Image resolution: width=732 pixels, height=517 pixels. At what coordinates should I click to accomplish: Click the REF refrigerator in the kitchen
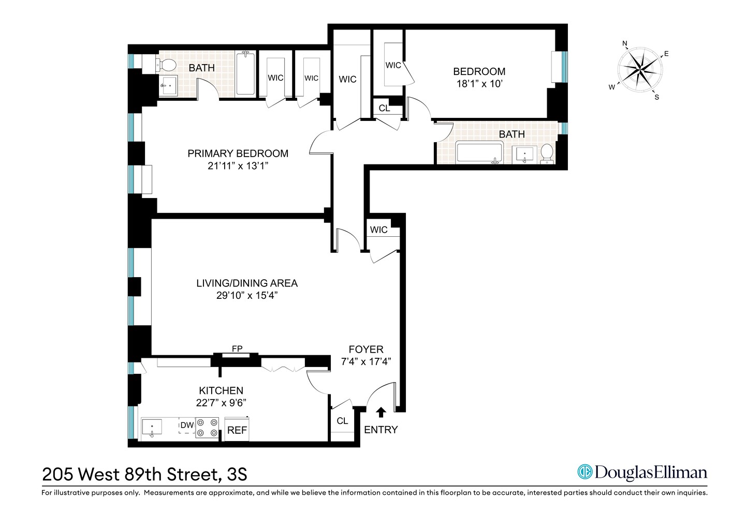(x=237, y=430)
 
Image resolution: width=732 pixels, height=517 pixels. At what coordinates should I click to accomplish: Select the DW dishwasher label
(x=187, y=425)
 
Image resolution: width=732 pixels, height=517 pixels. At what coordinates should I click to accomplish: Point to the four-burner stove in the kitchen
(x=207, y=428)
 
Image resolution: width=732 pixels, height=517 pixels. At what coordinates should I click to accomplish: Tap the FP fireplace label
(x=237, y=349)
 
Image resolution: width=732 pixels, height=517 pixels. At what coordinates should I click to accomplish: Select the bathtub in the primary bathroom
(x=245, y=73)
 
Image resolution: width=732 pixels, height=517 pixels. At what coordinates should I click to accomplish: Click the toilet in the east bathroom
(x=547, y=154)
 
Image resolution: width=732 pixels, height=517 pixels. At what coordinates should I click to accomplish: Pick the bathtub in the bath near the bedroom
(x=479, y=154)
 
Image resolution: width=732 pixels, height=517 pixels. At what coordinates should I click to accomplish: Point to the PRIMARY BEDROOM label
(x=238, y=154)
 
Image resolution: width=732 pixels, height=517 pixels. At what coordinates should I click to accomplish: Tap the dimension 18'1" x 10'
(x=479, y=84)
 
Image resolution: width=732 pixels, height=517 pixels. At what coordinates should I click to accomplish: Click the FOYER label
(x=366, y=349)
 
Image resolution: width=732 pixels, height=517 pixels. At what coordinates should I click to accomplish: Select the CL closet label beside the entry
(x=342, y=421)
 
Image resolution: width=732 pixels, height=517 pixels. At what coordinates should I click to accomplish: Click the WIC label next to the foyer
(x=378, y=230)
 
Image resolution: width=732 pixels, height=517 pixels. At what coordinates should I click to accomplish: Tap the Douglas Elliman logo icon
(x=584, y=472)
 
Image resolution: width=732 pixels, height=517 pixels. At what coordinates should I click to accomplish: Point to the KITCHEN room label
(x=221, y=391)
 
